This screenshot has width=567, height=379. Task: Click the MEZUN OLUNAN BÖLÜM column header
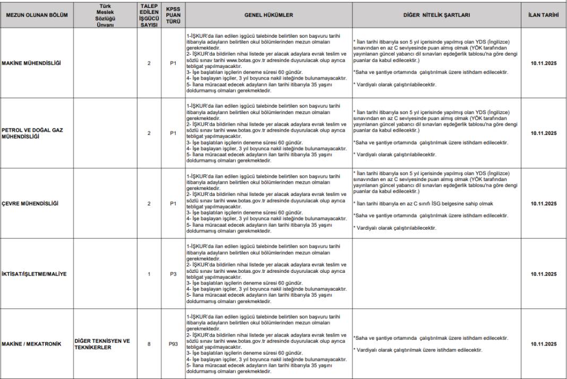37,15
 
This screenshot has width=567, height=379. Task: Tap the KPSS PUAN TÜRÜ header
173,15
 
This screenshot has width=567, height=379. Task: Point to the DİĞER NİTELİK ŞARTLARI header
436,15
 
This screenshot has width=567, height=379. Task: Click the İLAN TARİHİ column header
544,15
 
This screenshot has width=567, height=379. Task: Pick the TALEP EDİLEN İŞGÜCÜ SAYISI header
149,15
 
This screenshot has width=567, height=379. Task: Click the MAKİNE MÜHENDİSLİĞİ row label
31,63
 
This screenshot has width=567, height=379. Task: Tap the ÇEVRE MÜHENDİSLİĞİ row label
30,203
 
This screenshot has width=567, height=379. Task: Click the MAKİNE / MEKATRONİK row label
31,344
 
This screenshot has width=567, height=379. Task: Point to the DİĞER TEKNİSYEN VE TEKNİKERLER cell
102,344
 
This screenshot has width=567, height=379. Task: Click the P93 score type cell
173,344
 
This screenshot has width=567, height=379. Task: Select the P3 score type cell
173,274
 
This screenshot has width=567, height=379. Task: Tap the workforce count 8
149,344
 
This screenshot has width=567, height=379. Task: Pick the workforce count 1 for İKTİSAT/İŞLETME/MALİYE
149,274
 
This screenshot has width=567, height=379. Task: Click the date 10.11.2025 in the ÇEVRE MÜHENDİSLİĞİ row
544,203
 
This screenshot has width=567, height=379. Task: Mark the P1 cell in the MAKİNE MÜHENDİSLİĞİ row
173,63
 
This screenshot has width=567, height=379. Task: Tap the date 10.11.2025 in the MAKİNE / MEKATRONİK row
544,344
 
